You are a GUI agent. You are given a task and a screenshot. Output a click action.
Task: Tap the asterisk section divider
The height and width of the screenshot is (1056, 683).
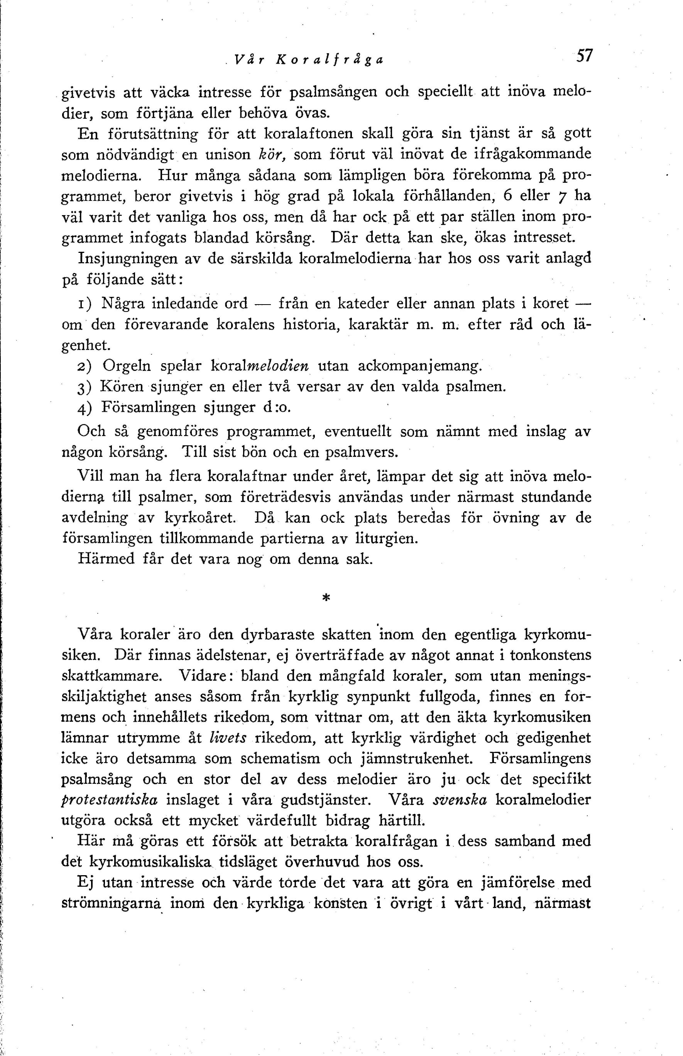[326, 598]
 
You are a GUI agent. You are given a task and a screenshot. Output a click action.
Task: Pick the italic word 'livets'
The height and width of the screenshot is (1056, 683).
[228, 738]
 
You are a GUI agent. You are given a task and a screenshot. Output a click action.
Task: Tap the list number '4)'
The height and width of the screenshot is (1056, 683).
[84, 408]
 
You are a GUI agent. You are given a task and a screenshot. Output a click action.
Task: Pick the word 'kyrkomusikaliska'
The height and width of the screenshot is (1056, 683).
[151, 862]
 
